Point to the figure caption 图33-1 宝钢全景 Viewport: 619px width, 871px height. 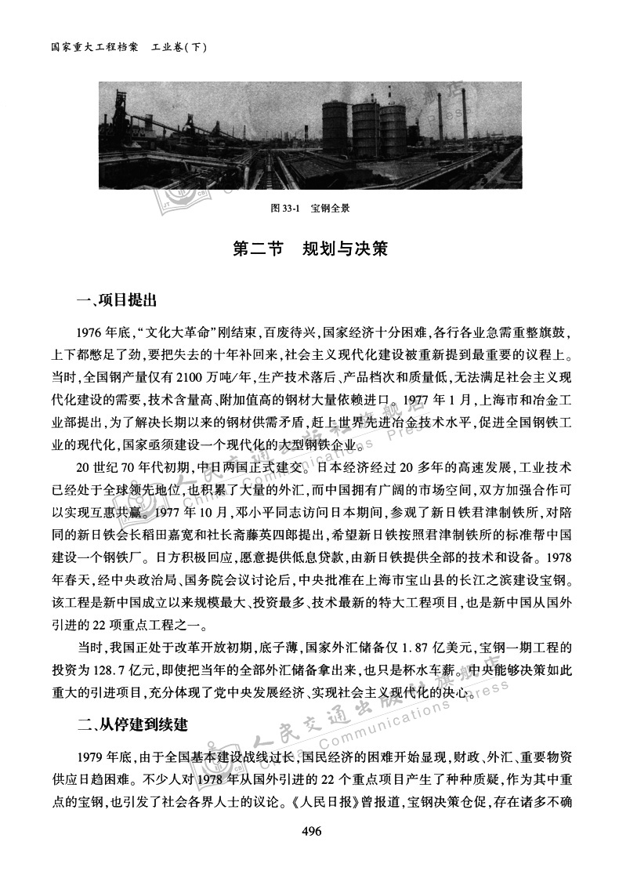[x=309, y=208]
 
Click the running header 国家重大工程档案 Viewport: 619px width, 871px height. [x=95, y=47]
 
